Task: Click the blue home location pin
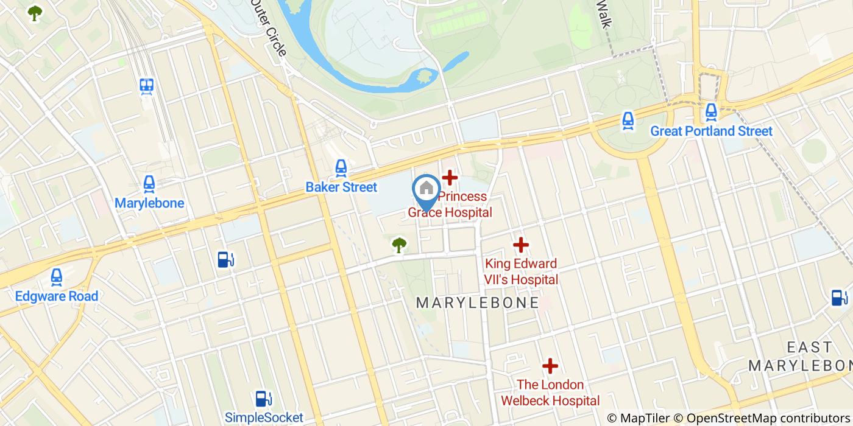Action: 426,190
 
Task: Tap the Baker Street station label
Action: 341,187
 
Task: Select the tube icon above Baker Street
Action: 341,167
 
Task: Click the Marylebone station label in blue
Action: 149,203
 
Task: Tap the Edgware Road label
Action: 57,296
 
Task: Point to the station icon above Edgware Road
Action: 57,277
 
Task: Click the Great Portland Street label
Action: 711,131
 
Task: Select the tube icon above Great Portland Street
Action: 711,111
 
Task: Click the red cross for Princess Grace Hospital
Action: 450,178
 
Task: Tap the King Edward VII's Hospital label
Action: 521,271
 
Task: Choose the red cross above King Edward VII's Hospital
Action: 520,245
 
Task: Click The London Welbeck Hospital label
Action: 550,393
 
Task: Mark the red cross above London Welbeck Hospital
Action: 550,366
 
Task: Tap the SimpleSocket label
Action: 264,417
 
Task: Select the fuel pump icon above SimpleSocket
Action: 263,399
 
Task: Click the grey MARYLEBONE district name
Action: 477,302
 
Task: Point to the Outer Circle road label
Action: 269,27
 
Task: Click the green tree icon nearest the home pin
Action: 399,245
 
